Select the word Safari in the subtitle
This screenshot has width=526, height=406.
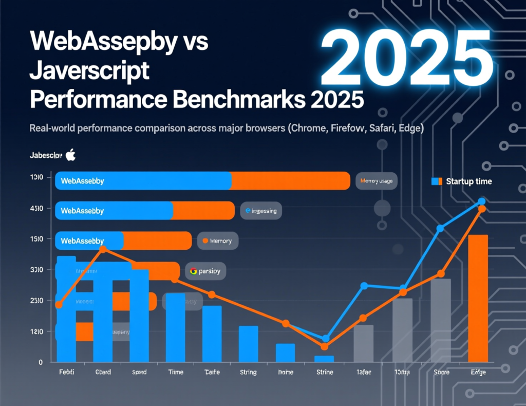coord(383,128)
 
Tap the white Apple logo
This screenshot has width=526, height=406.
coord(71,155)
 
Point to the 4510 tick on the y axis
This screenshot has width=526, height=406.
coord(36,208)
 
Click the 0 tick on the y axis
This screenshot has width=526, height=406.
coord(40,362)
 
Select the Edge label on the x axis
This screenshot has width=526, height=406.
coord(478,372)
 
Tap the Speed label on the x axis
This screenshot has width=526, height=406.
coord(139,372)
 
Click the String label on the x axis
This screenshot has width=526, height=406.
coord(248,372)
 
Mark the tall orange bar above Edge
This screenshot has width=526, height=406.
coord(478,298)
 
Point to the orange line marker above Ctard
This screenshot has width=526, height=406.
coord(103,249)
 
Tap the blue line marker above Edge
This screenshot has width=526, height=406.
coord(481,201)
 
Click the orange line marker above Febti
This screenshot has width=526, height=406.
coord(59,305)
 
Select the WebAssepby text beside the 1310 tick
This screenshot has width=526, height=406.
coord(82,181)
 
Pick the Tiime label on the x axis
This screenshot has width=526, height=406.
coord(176,372)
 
